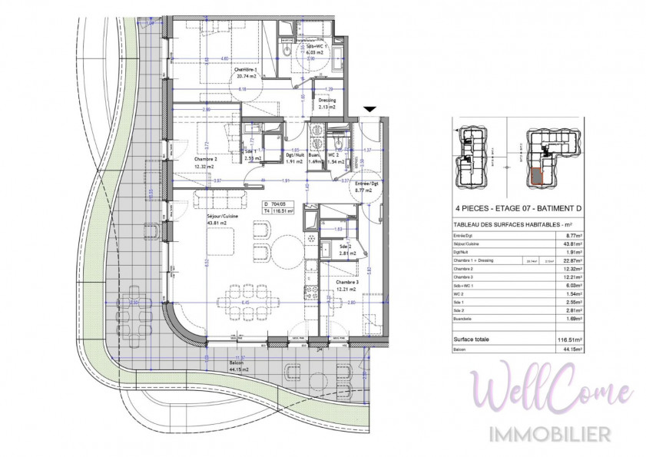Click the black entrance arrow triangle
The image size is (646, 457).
pyautogui.click(x=370, y=111)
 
